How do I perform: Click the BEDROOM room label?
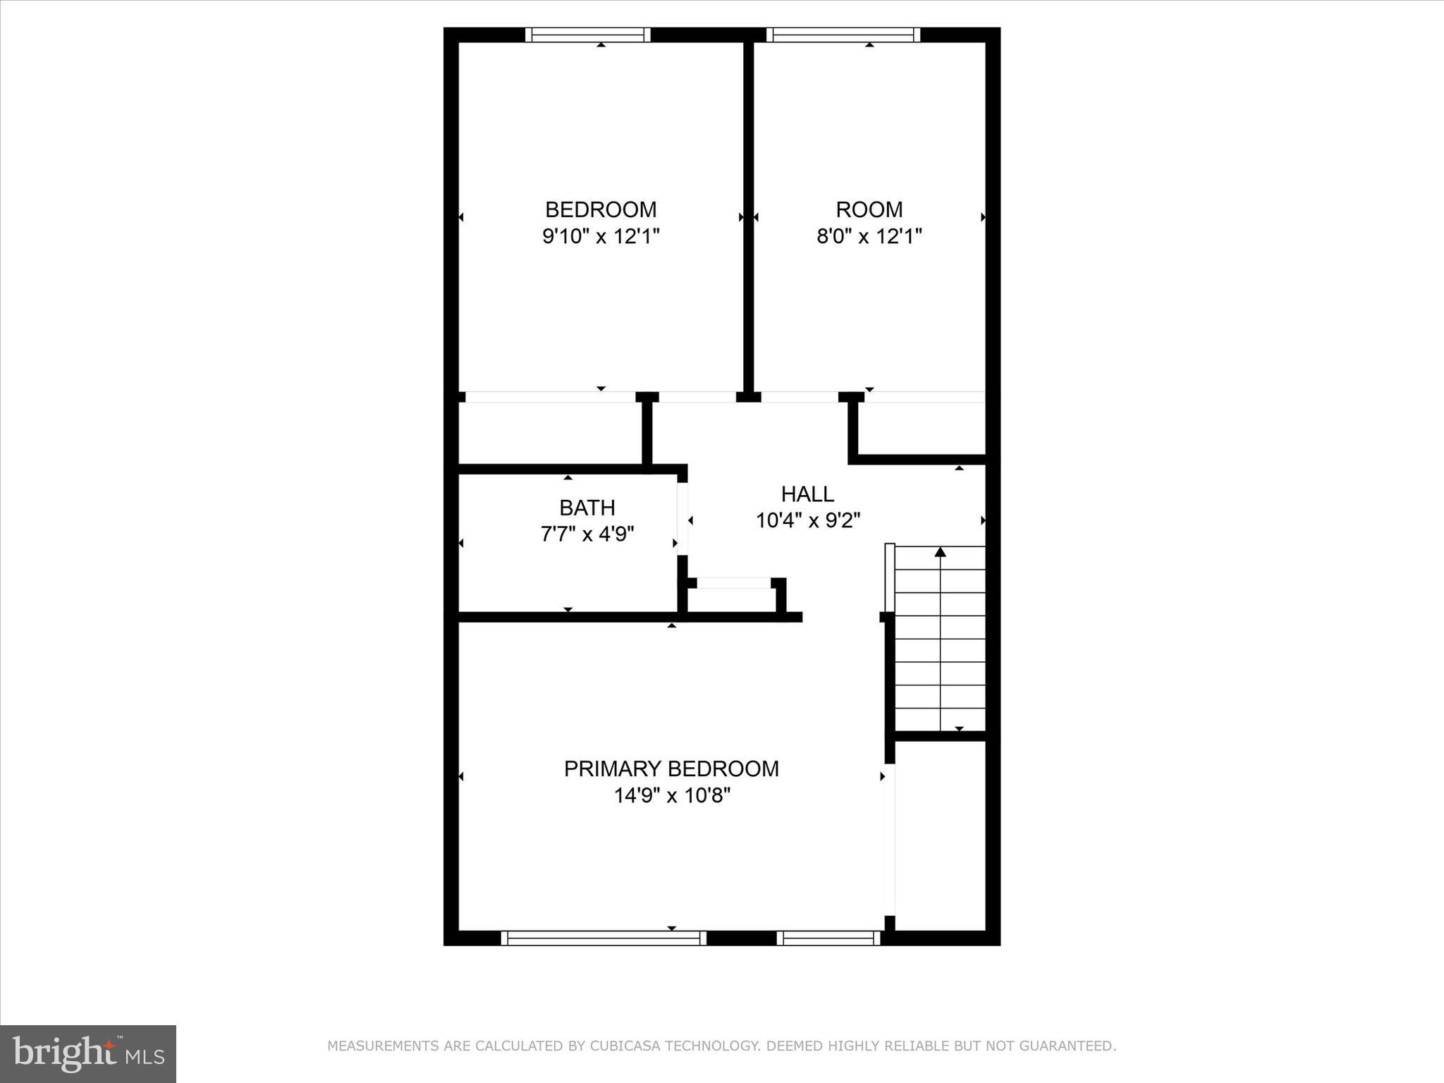click(x=601, y=209)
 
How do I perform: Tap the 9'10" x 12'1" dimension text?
click(x=601, y=236)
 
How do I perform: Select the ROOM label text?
click(x=869, y=209)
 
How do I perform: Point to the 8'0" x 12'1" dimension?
click(x=869, y=236)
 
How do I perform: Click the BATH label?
click(x=587, y=508)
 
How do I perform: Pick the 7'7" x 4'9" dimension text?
click(x=587, y=534)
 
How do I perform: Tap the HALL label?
click(x=807, y=494)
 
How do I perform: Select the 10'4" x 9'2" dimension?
click(x=808, y=521)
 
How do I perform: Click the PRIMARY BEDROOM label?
click(x=671, y=769)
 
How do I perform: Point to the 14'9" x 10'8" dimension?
click(x=671, y=796)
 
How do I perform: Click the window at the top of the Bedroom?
click(x=588, y=35)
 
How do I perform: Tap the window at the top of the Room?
click(x=843, y=35)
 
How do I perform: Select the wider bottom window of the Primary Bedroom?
click(x=604, y=938)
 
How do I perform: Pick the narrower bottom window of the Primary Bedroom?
click(x=828, y=938)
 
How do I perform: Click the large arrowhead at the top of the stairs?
click(x=940, y=552)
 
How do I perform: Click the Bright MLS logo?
click(x=88, y=1054)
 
